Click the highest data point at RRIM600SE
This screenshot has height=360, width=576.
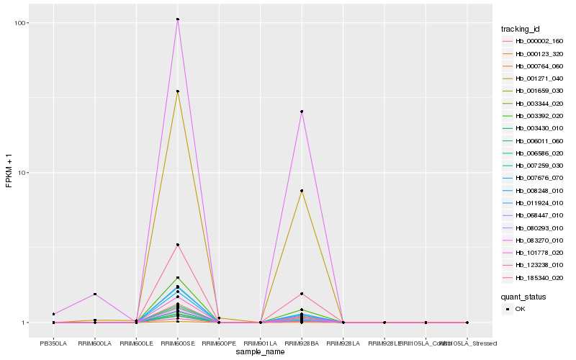click(178, 19)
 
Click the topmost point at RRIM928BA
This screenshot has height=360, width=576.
click(302, 112)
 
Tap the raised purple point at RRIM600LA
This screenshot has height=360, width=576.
click(95, 294)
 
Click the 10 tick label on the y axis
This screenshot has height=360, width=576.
click(23, 173)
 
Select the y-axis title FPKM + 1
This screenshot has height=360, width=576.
click(9, 173)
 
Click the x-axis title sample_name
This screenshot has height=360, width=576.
click(260, 351)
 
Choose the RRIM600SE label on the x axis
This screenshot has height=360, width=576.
click(178, 343)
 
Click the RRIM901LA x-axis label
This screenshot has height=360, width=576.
click(260, 343)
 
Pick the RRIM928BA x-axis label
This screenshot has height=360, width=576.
click(302, 343)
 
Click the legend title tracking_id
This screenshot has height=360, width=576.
click(521, 29)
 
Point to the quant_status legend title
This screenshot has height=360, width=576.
click(523, 296)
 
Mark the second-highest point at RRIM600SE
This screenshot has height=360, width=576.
click(178, 91)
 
